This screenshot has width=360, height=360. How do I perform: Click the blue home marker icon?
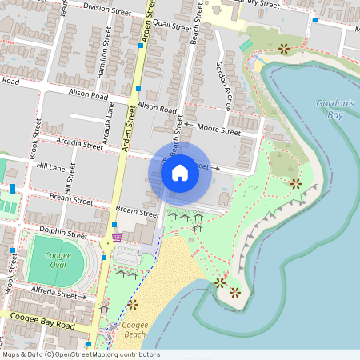(x=180, y=173)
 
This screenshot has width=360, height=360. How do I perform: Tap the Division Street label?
(x=106, y=9)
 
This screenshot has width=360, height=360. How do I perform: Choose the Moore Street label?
(x=218, y=130)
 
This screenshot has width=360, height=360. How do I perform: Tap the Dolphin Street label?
(x=65, y=235)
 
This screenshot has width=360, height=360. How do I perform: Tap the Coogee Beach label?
(x=135, y=330)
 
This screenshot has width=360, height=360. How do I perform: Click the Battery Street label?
(x=260, y=4)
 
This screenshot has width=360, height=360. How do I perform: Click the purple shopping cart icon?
(x=117, y=237)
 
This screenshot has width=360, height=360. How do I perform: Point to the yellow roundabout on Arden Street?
(x=106, y=242)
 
